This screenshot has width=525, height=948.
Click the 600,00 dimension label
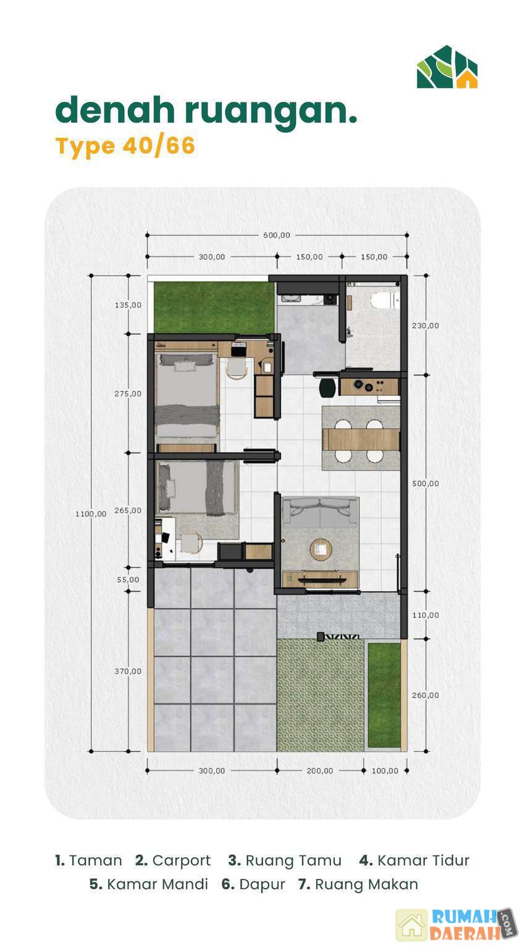[277, 235]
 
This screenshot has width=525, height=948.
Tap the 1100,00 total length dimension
[91, 513]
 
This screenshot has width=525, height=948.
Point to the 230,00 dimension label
[425, 325]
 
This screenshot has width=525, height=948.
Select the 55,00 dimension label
[128, 580]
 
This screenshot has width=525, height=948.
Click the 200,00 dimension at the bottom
[320, 771]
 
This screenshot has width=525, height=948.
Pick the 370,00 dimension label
[128, 671]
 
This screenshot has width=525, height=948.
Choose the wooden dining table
[361, 439]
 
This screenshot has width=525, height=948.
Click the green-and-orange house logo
[447, 67]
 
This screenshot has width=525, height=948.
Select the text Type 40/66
[125, 146]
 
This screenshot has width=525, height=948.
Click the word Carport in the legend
[181, 860]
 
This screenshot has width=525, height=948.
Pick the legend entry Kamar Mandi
[149, 884]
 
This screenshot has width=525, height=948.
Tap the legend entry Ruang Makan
[358, 884]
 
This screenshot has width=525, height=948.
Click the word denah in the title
[115, 110]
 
